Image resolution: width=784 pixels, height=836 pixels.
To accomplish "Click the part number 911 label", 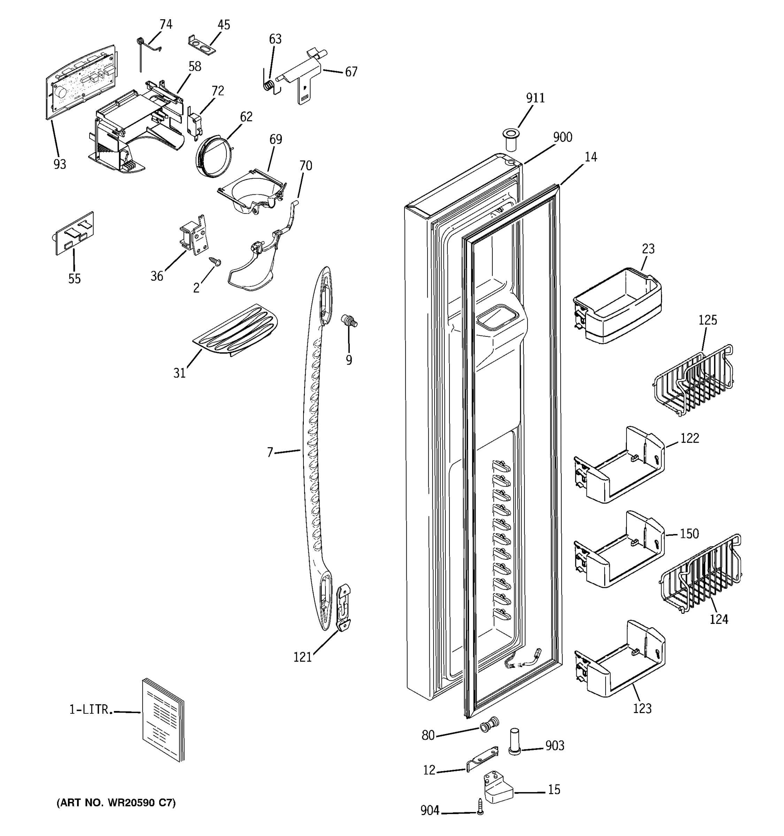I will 535,98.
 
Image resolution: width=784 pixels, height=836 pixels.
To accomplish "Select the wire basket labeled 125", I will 694,381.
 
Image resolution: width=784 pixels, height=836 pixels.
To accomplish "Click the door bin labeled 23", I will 617,305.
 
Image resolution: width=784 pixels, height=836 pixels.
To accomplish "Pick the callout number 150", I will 689,534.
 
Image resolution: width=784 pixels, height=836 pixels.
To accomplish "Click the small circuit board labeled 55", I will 75,233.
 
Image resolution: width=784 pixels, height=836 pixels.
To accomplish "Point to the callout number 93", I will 60,164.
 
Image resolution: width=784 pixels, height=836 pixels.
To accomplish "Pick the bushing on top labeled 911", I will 511,140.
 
